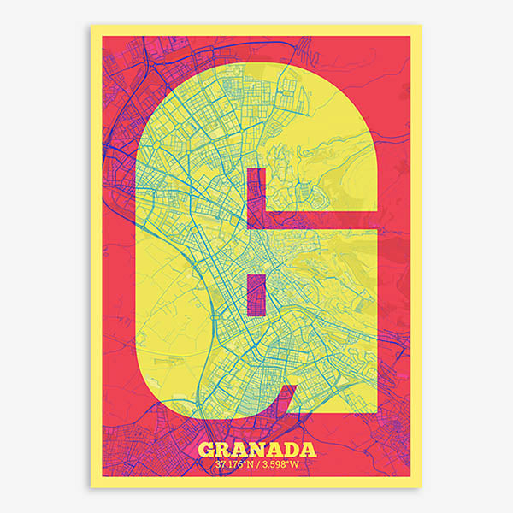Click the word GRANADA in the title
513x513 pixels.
click(256, 451)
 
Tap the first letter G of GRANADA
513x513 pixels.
click(206, 451)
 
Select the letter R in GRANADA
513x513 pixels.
click(223, 451)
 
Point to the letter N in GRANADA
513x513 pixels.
click(257, 451)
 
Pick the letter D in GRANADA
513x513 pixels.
click(291, 451)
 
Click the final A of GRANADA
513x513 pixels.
click(308, 451)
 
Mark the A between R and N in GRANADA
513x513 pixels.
click(240, 451)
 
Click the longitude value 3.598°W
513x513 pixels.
click(283, 465)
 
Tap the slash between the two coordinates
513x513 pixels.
click(257, 465)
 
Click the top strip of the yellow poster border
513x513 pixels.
click(256, 30)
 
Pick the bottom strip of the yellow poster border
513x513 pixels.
click(256, 483)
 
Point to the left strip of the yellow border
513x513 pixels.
click(96, 256)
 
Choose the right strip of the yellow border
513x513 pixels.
click(416, 256)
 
